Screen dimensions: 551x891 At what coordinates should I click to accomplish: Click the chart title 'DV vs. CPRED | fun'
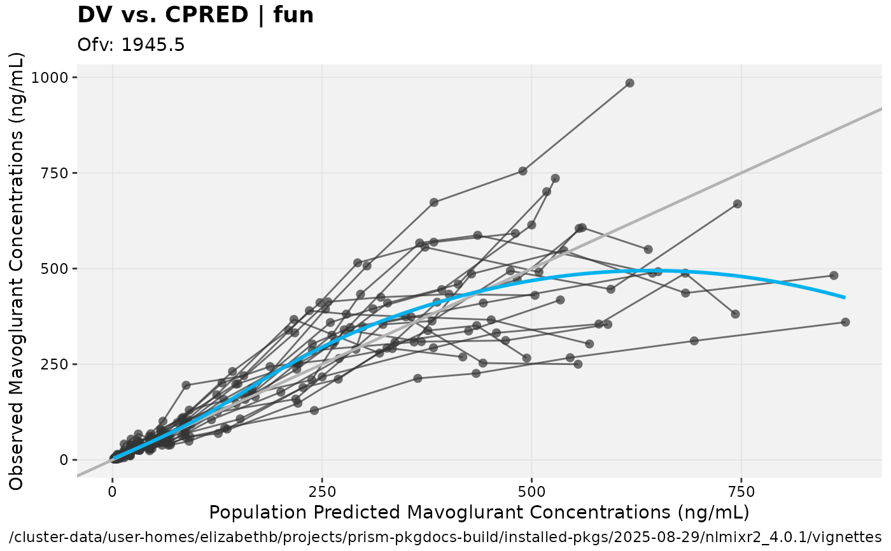point(195,15)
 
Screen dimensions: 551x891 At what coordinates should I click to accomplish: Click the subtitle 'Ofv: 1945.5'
point(131,45)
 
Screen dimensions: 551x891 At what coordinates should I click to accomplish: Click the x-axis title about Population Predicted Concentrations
point(479,512)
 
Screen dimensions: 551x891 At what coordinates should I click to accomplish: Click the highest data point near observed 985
point(629,83)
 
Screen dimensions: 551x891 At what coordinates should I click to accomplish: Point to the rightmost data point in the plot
point(845,322)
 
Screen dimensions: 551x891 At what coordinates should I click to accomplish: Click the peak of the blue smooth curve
point(636,271)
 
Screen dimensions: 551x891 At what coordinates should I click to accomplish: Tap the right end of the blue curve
point(844,297)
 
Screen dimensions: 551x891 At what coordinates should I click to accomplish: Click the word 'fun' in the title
point(293,15)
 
